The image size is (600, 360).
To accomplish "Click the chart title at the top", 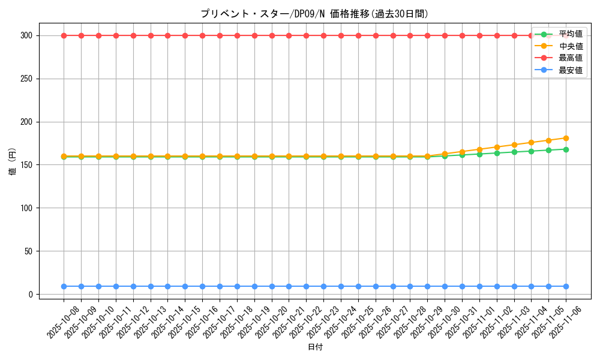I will (x=314, y=14).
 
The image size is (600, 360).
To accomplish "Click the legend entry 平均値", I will (x=570, y=34).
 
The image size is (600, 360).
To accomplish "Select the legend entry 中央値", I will (x=570, y=46).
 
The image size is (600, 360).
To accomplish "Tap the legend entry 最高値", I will (x=570, y=58).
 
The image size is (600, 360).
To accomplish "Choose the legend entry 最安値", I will (x=570, y=70).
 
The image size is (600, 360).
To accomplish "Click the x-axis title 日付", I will (x=315, y=347).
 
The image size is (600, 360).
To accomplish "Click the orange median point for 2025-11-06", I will (x=566, y=138).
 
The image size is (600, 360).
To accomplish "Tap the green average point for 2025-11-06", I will (x=566, y=149).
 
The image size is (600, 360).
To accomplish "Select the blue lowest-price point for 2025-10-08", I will (x=64, y=286).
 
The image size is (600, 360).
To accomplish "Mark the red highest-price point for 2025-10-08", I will (x=64, y=35).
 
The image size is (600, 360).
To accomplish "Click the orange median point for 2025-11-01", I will (x=479, y=149).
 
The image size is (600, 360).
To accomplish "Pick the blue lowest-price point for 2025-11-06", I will (x=566, y=286).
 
